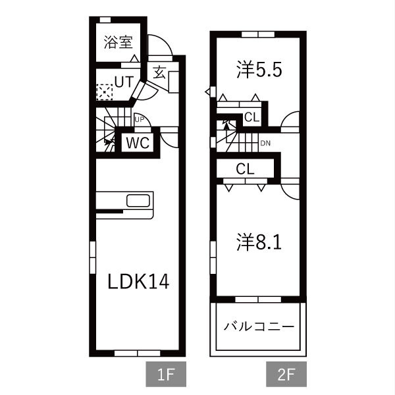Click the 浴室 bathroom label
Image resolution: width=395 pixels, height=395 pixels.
(118, 42)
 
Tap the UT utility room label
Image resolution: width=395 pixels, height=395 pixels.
(124, 82)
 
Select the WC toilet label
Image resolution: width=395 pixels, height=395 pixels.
(138, 143)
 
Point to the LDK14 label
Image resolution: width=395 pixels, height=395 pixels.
(138, 281)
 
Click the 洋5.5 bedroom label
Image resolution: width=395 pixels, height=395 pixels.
(259, 70)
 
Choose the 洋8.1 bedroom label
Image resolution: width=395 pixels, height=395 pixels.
(259, 242)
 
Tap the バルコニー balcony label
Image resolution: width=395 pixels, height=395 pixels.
(259, 327)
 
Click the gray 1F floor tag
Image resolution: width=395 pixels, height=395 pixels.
(166, 374)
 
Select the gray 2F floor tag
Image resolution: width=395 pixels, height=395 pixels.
(286, 374)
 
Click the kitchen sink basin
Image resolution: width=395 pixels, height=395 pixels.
(138, 201)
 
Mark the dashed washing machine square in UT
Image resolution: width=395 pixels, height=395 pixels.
(105, 92)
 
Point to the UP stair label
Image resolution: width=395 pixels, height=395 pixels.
(140, 120)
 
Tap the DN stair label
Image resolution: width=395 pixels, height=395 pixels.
(265, 144)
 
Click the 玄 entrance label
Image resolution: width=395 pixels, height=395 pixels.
(159, 72)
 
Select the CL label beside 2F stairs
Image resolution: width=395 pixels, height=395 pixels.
(251, 117)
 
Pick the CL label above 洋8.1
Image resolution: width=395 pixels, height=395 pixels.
(245, 169)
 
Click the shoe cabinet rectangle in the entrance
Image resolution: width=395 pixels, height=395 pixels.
(174, 82)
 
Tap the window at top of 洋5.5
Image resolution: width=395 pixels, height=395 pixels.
(258, 34)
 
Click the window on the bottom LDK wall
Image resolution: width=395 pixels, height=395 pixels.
(138, 354)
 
